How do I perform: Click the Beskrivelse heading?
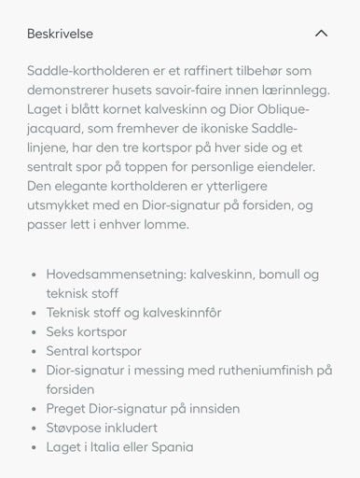tap(60, 34)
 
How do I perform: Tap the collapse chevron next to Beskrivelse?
tap(321, 34)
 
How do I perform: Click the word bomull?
tap(273, 274)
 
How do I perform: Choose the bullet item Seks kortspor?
tap(86, 331)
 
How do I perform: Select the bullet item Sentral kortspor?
tap(93, 351)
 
